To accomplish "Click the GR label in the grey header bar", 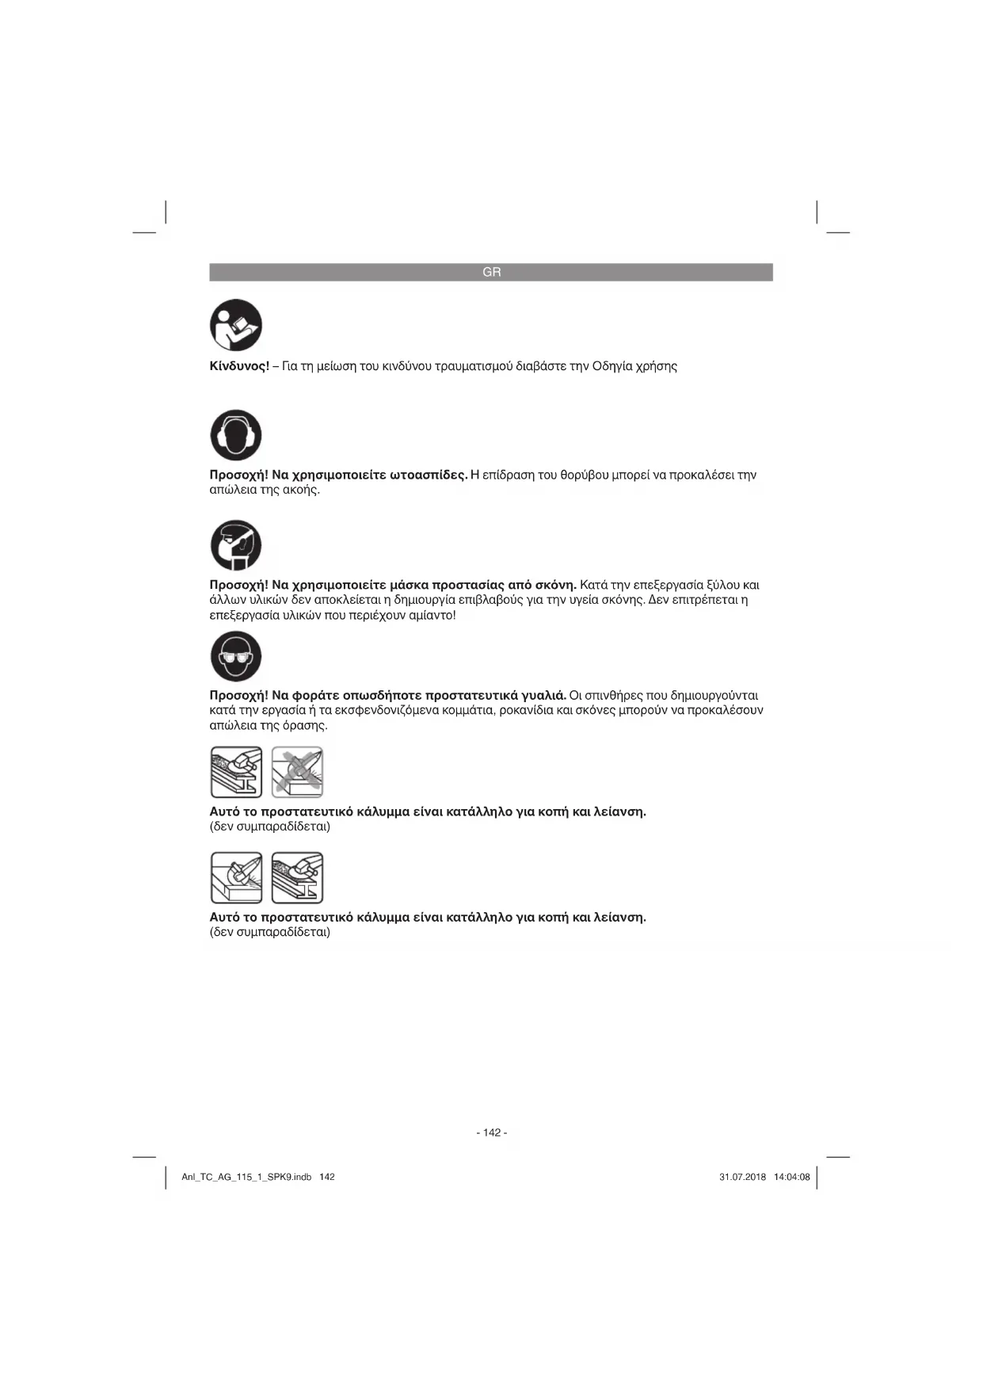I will click(491, 272).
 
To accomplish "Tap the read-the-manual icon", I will click(236, 325).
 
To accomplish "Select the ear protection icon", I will click(236, 435).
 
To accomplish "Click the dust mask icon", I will click(236, 545).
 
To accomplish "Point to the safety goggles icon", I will click(236, 656).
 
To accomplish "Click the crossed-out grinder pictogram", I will click(297, 772).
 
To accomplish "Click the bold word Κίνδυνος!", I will click(239, 366).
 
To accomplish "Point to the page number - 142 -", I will click(491, 1132).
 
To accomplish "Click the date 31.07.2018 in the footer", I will click(742, 1177).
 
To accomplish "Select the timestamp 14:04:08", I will click(791, 1177).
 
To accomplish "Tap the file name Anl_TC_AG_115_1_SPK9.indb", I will click(246, 1177).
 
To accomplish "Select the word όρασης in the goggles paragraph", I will click(304, 726).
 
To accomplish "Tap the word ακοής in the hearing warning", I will click(302, 491).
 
